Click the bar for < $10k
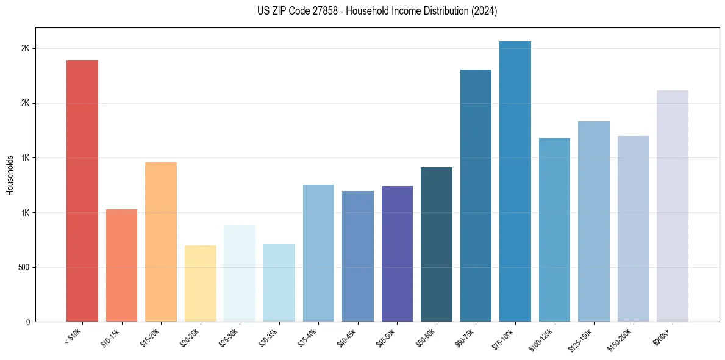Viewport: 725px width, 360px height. click(82, 191)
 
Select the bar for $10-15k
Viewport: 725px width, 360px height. click(121, 265)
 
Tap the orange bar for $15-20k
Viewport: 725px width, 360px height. click(161, 242)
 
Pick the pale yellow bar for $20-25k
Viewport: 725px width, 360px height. click(201, 283)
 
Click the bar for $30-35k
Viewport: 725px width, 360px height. click(279, 283)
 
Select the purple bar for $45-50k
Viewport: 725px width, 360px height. click(397, 254)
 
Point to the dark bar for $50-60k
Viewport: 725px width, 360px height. click(437, 244)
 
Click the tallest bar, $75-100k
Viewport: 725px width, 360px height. click(515, 181)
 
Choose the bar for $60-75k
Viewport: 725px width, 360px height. click(476, 195)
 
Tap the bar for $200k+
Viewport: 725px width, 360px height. click(673, 206)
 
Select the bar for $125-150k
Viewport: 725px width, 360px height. click(594, 221)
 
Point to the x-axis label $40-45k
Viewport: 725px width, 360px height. click(355, 336)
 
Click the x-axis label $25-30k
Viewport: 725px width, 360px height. click(237, 336)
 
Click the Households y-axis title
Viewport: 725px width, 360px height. click(10, 175)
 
